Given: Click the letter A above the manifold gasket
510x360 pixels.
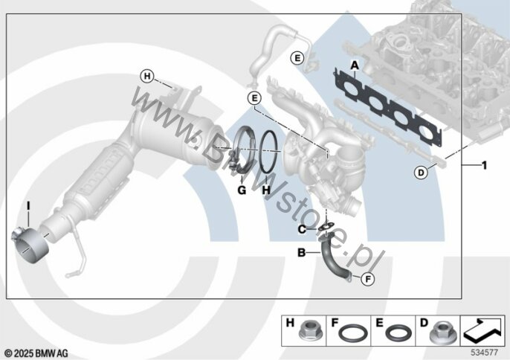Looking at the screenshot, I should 355,65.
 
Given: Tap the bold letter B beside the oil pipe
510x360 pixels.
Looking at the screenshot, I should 301,253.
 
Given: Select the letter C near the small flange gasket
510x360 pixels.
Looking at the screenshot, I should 302,229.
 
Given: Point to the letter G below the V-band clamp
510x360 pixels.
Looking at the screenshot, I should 241,190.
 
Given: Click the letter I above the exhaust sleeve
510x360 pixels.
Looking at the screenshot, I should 28,205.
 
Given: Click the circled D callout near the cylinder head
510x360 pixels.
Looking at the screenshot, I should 421,173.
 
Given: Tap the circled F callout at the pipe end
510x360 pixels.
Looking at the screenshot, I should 367,279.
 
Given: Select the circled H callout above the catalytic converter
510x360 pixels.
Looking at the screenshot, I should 147,76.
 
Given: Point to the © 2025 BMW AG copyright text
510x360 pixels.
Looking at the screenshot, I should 36,351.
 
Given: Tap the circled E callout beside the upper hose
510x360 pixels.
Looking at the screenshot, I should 297,58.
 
